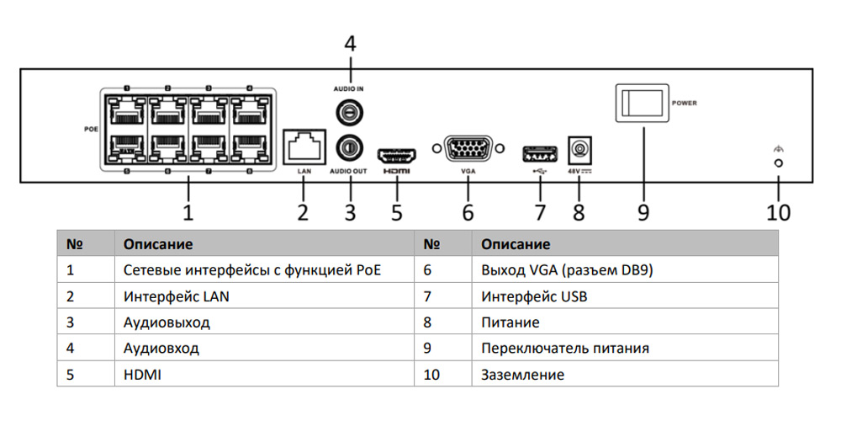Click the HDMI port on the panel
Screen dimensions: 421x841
(x=397, y=156)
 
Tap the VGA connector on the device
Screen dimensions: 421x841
(x=468, y=150)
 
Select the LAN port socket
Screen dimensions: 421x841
(x=305, y=147)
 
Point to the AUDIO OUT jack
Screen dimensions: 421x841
(x=348, y=148)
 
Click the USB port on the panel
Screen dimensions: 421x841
(x=540, y=153)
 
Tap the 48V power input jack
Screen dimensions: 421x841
(x=579, y=151)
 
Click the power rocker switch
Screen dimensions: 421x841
(x=643, y=103)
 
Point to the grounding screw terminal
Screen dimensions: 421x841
(x=779, y=163)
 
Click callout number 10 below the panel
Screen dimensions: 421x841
(x=779, y=212)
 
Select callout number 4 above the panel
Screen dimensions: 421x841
(x=350, y=44)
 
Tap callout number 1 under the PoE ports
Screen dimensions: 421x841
(x=188, y=210)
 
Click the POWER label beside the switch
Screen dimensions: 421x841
(x=685, y=103)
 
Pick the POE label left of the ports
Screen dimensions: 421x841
(x=92, y=130)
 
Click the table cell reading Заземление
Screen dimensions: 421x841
(x=522, y=375)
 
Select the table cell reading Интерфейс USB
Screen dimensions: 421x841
(x=534, y=296)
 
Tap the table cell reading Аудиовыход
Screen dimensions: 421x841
(x=167, y=322)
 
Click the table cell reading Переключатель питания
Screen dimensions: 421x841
(x=564, y=349)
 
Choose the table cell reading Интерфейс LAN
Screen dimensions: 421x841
(x=176, y=296)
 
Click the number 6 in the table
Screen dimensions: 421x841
(x=428, y=270)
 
